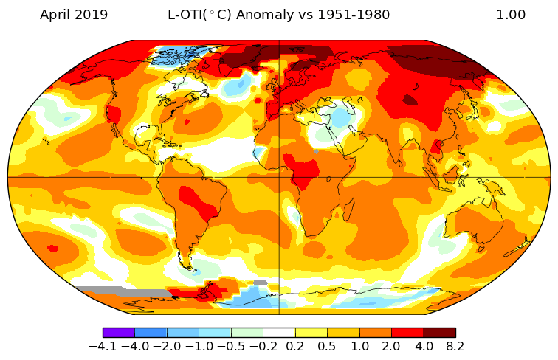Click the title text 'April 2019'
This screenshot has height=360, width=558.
[74, 15]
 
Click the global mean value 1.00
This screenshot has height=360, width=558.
[511, 15]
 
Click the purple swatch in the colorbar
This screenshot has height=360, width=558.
[119, 333]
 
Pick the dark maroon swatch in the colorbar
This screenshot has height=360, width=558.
[439, 333]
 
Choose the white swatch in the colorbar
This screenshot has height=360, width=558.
[279, 333]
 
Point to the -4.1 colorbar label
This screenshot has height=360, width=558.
[103, 346]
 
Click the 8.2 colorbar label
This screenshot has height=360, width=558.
[455, 346]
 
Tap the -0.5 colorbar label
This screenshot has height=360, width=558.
[230, 346]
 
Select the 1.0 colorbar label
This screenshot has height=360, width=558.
[359, 346]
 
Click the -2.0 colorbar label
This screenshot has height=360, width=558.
[166, 346]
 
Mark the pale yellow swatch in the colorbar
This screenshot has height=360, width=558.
[311, 333]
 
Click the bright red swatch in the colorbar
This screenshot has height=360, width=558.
[407, 333]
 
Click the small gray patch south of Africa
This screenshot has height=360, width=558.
[260, 283]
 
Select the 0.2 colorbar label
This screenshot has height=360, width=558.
[295, 346]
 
